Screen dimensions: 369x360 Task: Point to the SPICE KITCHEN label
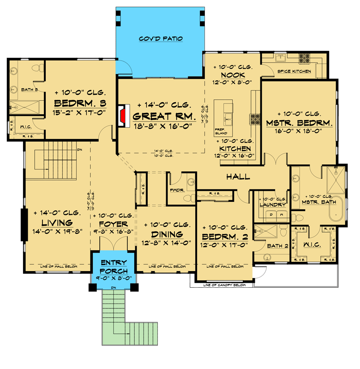pos(294,72)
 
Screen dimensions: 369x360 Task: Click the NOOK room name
pos(233,75)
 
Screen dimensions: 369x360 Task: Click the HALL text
pos(238,177)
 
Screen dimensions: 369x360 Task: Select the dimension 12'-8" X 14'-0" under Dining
pos(165,243)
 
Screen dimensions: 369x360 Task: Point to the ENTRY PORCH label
pos(113,266)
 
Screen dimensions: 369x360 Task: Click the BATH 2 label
pos(280,246)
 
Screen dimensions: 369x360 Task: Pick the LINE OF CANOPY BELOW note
pos(222,285)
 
